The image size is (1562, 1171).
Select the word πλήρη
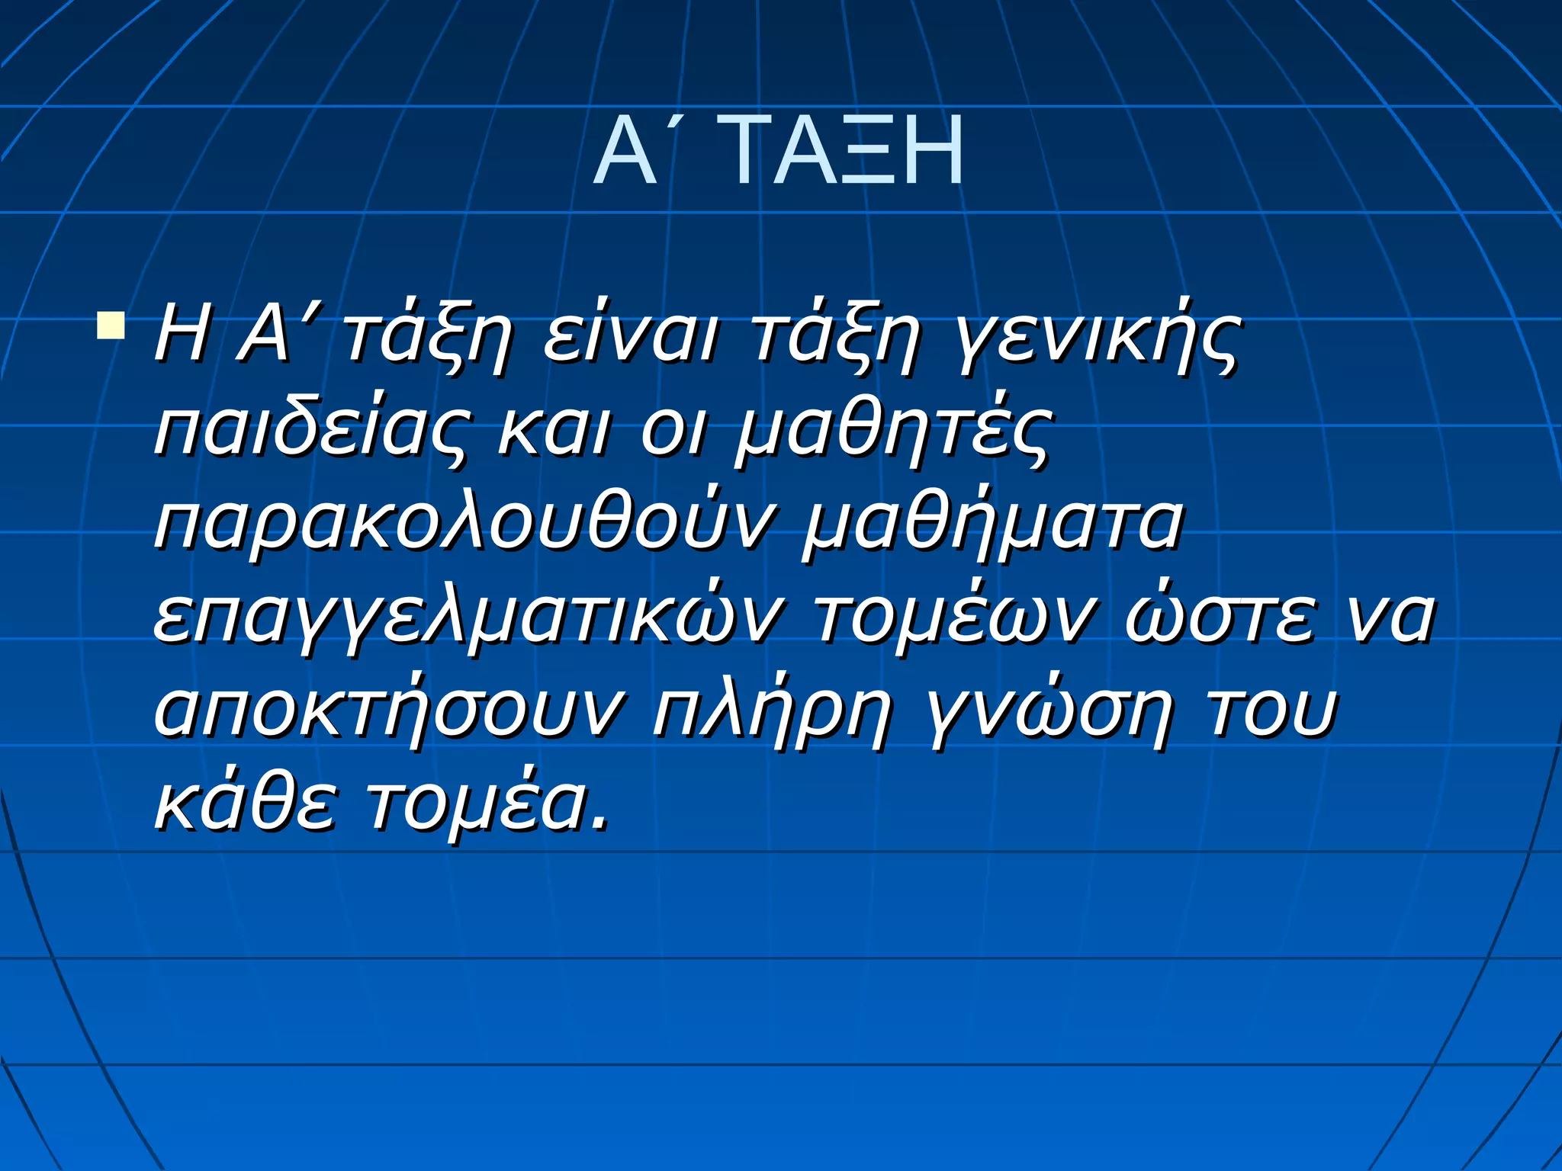click(770, 712)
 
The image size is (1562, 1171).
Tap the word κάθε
click(244, 804)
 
